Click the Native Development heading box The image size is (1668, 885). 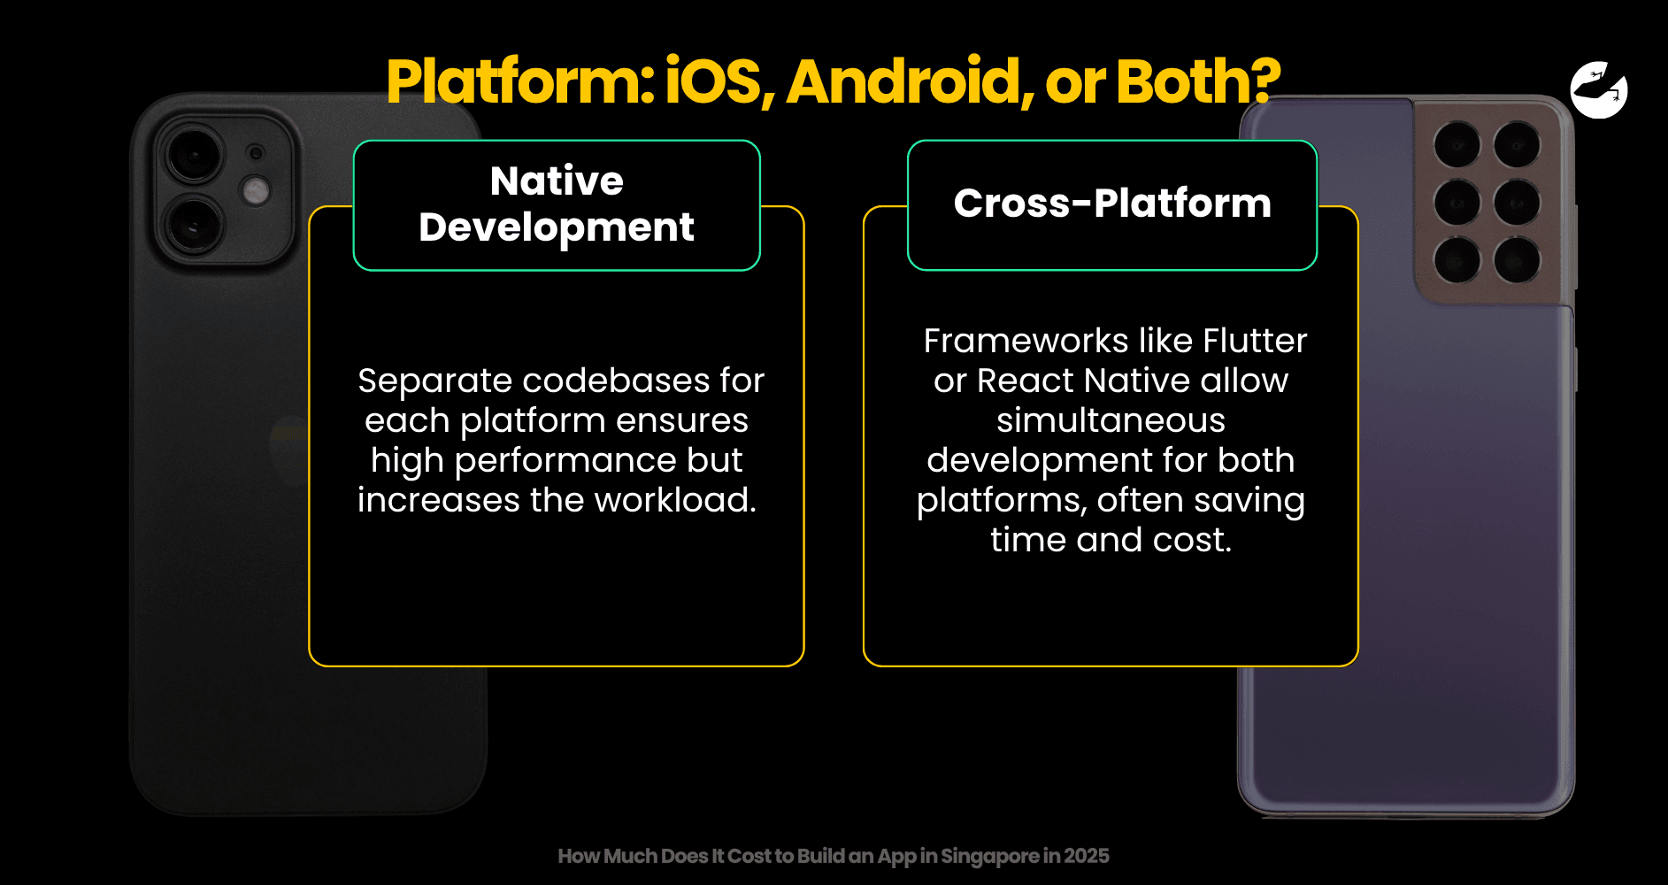[x=557, y=205]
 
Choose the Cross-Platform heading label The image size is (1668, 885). [x=1112, y=205]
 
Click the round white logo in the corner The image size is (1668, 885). [x=1599, y=89]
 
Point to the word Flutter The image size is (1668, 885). [x=1255, y=341]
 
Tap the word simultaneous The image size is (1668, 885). [x=1111, y=420]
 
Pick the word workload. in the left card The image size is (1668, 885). [x=675, y=500]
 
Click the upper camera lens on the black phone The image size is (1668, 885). [x=194, y=154]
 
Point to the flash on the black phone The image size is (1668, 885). [x=256, y=191]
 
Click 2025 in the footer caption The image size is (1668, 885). [x=1087, y=856]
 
